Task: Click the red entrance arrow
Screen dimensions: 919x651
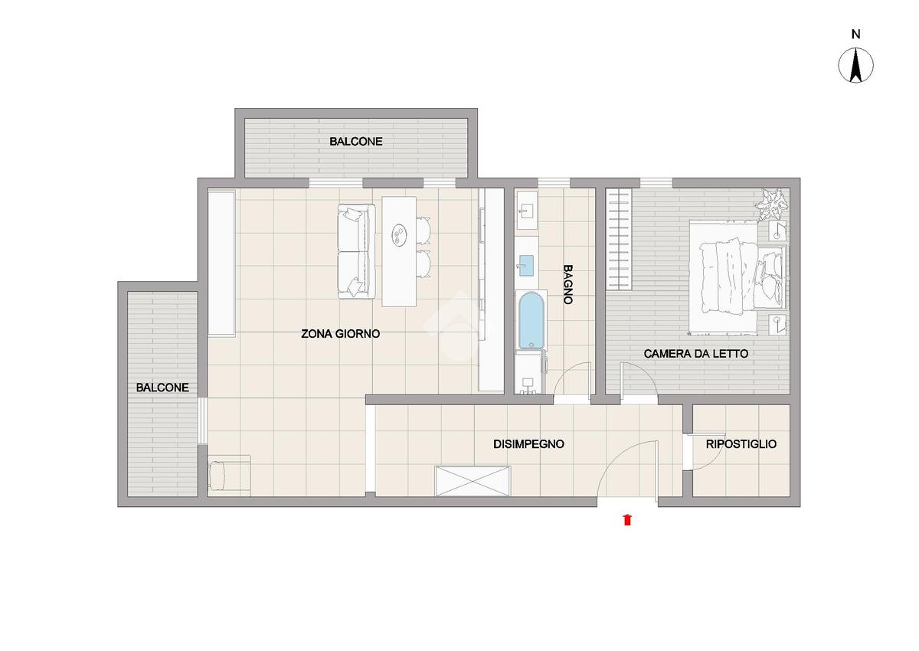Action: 627,520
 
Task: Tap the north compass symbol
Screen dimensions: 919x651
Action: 855,65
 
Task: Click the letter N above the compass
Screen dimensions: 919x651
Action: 855,34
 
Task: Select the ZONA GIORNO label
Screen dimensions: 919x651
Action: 341,334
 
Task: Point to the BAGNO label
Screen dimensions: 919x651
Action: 567,284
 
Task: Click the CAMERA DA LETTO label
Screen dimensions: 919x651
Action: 696,354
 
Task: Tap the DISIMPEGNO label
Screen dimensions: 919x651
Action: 528,444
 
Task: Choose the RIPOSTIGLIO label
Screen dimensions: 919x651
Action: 741,444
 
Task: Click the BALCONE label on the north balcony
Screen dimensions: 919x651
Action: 355,142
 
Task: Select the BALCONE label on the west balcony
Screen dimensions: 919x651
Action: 162,388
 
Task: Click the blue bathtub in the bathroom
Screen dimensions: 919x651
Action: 531,320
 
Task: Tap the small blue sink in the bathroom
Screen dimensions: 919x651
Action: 526,266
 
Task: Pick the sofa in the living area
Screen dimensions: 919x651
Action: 356,251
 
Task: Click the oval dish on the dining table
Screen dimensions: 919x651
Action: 399,234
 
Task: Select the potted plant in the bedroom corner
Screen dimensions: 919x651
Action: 773,204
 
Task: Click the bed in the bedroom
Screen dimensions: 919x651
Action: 737,278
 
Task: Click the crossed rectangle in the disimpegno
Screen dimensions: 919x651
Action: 473,481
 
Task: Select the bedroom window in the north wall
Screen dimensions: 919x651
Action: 656,183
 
